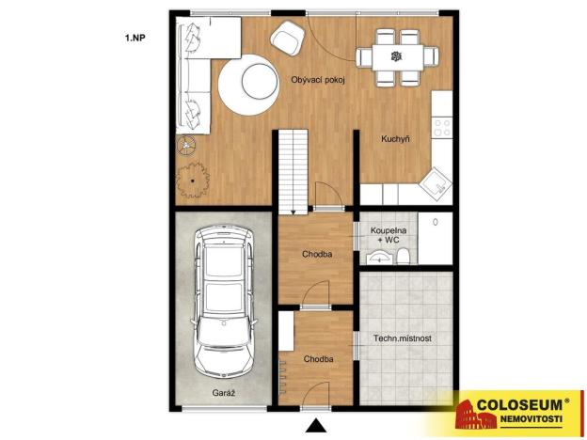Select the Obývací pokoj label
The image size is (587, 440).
[318, 81]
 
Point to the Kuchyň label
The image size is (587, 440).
[394, 140]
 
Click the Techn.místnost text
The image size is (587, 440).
[402, 337]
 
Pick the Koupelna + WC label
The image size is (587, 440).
[388, 234]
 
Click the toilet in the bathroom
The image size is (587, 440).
[402, 257]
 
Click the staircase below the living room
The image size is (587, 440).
[293, 169]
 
